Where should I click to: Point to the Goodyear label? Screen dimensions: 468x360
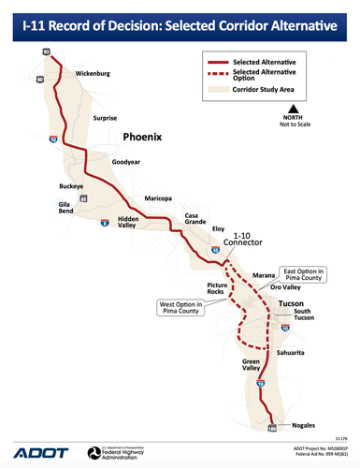(127, 162)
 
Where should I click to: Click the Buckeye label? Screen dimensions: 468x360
(72, 186)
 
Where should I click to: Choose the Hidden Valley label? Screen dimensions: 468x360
(128, 222)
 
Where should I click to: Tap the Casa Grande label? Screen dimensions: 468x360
(195, 220)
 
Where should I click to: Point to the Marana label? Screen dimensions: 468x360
(266, 275)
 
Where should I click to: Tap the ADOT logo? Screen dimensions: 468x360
(37, 452)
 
